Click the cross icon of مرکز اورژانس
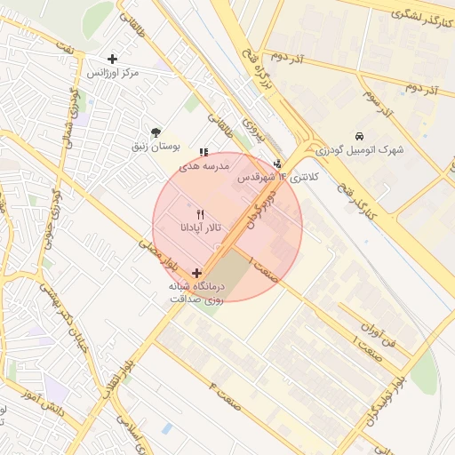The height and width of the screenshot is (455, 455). coord(112,59)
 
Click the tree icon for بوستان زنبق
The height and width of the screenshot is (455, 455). coord(156,132)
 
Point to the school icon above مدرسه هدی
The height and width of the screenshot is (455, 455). coord(204,153)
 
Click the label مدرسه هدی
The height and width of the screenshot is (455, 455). coord(204,165)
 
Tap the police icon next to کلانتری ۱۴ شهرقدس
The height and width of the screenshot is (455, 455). coord(278,164)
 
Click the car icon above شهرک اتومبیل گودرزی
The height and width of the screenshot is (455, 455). coord(357,137)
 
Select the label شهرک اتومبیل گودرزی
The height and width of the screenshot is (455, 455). coord(364,149)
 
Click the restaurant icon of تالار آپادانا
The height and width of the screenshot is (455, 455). coord(199,215)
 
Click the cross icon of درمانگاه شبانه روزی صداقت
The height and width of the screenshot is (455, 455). coord(196,273)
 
